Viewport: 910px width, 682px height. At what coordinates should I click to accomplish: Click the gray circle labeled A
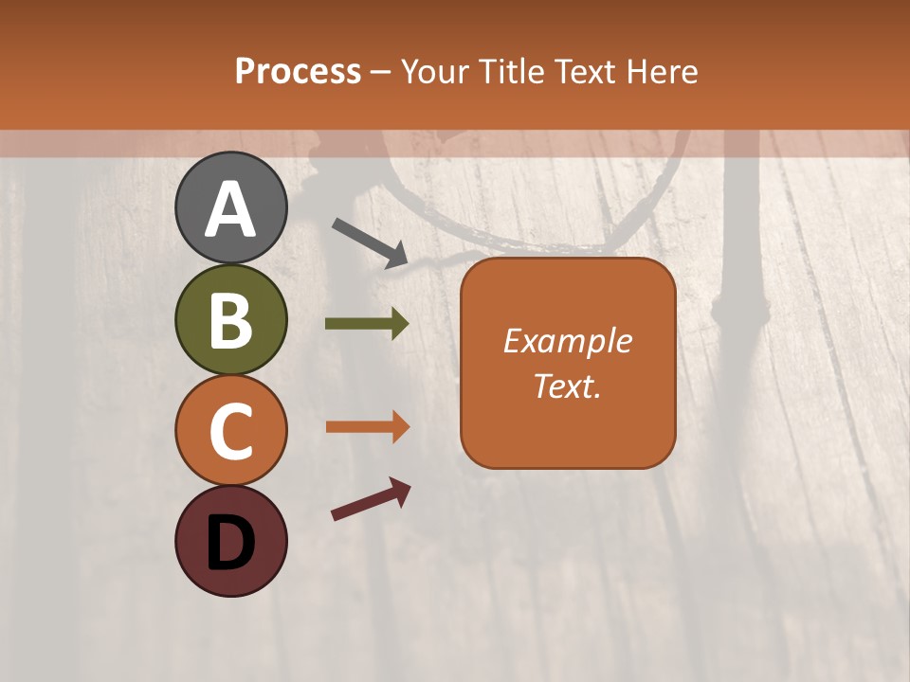click(x=231, y=207)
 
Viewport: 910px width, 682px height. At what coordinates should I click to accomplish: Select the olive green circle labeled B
click(x=231, y=319)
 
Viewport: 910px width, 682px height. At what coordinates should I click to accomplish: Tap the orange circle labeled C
click(x=231, y=430)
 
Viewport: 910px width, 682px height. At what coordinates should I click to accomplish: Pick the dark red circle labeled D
click(x=231, y=541)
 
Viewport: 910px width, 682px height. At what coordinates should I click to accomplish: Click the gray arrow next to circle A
click(x=370, y=242)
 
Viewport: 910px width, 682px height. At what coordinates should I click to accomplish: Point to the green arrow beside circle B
click(x=367, y=324)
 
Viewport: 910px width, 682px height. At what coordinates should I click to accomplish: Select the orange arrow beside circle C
click(x=367, y=427)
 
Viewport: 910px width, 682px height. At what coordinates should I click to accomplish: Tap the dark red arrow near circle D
click(x=371, y=499)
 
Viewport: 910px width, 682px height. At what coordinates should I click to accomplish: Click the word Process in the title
click(x=298, y=71)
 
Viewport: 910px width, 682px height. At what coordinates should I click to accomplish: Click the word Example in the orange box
click(x=568, y=341)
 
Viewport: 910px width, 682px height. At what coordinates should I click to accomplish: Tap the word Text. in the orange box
click(x=568, y=386)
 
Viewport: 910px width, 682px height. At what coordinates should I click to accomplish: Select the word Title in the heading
click(x=506, y=71)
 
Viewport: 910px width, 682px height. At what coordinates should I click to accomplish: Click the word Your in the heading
click(x=435, y=71)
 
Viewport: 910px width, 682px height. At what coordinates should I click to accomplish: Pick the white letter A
click(x=231, y=208)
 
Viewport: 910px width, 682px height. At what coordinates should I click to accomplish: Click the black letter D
click(x=231, y=543)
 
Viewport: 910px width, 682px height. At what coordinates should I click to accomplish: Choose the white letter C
click(x=231, y=431)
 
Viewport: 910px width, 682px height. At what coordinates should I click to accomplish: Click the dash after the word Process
click(x=381, y=73)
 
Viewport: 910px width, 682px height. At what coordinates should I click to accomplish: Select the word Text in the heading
click(x=586, y=71)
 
